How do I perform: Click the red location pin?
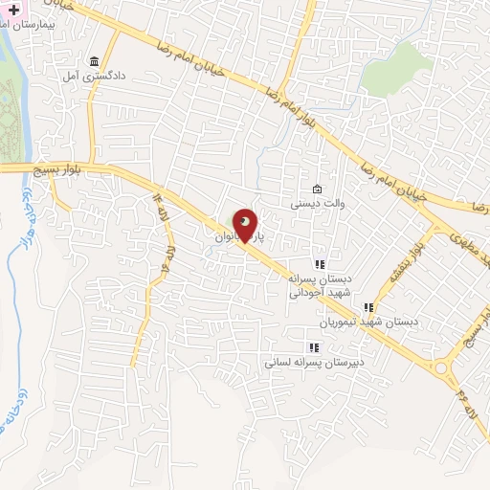pyautogui.click(x=246, y=224)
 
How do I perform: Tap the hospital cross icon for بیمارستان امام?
pyautogui.click(x=13, y=7)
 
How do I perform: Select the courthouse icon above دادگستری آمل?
pyautogui.click(x=94, y=59)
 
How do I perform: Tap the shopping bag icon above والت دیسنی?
pyautogui.click(x=318, y=189)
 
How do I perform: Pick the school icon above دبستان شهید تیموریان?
pyautogui.click(x=368, y=307)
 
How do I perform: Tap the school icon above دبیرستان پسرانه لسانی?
pyautogui.click(x=311, y=348)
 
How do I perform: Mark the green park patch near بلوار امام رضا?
pyautogui.click(x=399, y=68)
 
